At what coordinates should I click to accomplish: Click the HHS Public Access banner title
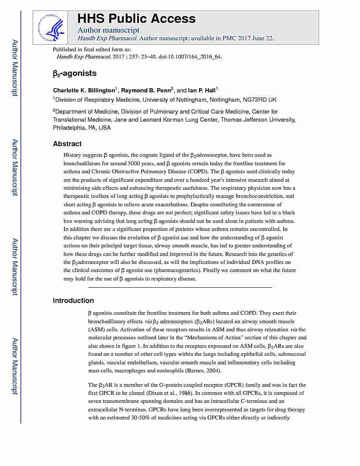point(136,19)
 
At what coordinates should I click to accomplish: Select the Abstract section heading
point(67,144)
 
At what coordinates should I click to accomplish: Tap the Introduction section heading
point(73,300)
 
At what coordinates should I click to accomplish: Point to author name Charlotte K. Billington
point(84,90)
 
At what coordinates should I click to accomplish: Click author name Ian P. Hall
point(202,90)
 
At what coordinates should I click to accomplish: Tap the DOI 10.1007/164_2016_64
point(194,56)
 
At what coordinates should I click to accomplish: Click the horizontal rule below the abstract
point(180,287)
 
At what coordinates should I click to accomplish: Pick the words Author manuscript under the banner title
point(108,30)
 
